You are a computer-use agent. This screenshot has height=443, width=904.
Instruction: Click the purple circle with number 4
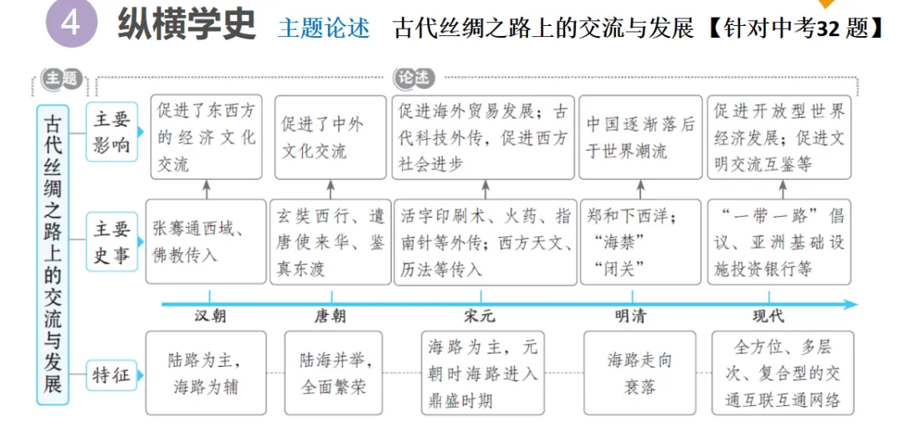71,24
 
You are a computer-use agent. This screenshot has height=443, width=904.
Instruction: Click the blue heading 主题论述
323,28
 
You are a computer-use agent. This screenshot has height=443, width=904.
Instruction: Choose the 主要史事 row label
111,242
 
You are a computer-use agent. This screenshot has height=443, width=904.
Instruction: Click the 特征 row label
111,375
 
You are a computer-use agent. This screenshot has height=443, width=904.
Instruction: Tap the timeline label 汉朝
209,317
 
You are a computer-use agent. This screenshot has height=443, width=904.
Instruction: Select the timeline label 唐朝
331,317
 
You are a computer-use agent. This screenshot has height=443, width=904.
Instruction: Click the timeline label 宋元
480,317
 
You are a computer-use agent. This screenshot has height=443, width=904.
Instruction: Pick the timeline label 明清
630,317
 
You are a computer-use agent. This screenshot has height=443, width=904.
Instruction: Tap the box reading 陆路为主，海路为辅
206,373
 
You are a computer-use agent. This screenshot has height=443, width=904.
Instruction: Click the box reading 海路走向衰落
640,373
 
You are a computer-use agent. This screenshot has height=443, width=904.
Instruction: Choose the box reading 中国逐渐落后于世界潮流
640,137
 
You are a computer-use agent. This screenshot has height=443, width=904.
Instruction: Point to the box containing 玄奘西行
331,242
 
